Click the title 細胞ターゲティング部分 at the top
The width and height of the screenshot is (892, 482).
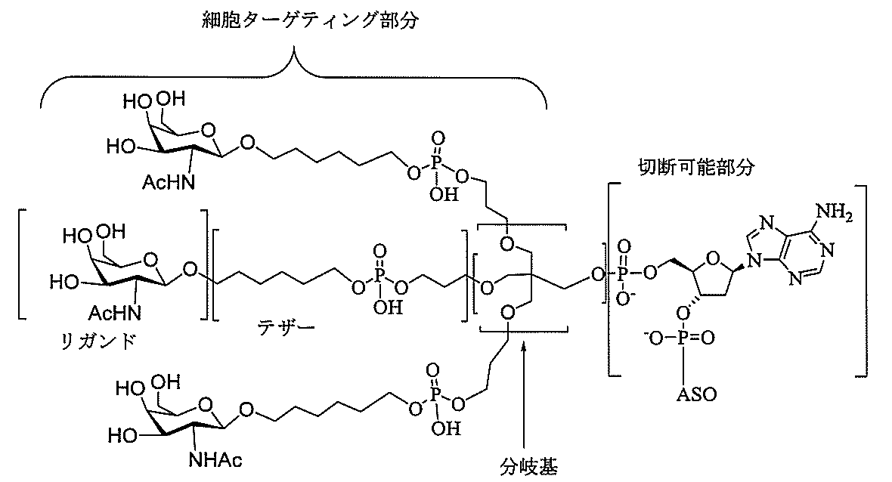tap(310, 21)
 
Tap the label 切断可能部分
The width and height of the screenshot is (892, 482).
tap(696, 167)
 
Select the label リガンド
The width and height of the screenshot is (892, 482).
tap(98, 341)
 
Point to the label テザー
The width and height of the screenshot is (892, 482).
tap(286, 327)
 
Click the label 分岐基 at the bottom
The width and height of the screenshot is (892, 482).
tap(528, 467)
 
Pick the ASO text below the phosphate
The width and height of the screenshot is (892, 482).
tap(696, 394)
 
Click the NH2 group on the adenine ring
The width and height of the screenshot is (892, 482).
tap(835, 213)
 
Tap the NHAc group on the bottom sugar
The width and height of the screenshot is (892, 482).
tap(215, 459)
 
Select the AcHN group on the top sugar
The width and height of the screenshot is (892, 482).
tap(168, 183)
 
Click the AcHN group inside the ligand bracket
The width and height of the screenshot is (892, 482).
tap(114, 312)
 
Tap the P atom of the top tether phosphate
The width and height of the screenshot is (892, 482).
tap(436, 163)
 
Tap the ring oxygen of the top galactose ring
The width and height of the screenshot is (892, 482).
tap(208, 131)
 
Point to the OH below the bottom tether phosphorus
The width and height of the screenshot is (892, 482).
tap(445, 428)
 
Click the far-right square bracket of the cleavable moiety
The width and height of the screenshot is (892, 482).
tap(863, 280)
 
